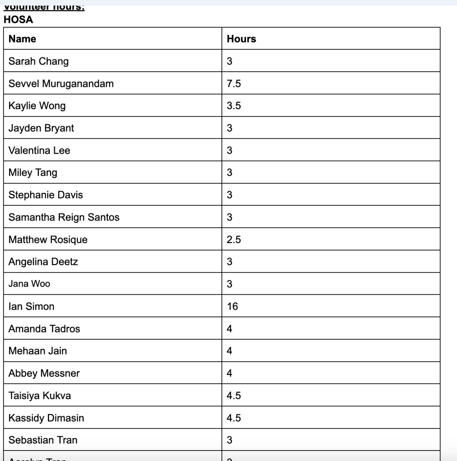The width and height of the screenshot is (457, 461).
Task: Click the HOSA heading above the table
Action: click(x=18, y=19)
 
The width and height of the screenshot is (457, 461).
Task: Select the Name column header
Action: click(x=22, y=39)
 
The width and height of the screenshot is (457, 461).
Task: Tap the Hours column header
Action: click(x=241, y=39)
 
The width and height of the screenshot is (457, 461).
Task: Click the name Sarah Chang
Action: click(x=39, y=61)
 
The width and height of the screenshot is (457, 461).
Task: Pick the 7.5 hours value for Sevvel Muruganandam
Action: click(x=234, y=84)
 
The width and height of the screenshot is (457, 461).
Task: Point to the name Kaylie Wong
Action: click(x=37, y=106)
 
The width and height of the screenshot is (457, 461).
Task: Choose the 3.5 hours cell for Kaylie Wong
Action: click(x=234, y=106)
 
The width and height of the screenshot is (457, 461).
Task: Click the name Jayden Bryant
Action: click(x=41, y=128)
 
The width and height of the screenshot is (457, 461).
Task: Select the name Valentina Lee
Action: click(x=39, y=151)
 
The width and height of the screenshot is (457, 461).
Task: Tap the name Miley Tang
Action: click(x=33, y=173)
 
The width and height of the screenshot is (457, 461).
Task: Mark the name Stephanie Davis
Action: click(x=46, y=195)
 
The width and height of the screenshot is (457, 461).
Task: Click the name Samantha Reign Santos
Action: click(x=64, y=217)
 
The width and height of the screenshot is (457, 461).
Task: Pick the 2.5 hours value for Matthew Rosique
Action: click(x=234, y=240)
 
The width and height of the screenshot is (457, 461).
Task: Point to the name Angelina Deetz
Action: click(x=43, y=262)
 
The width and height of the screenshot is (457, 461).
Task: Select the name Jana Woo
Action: click(x=29, y=284)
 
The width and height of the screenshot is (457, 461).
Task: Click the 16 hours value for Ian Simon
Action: click(x=232, y=306)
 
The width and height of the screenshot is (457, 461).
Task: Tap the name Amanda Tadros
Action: click(x=44, y=329)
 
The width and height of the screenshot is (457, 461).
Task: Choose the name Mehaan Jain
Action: click(x=38, y=351)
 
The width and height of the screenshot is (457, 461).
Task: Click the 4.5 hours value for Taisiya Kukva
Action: click(x=234, y=395)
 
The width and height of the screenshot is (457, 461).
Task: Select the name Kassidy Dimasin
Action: click(x=46, y=418)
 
